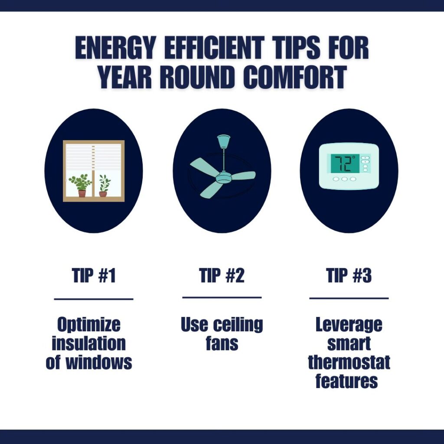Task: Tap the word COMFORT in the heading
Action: pos(295,77)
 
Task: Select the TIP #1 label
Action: pos(94,275)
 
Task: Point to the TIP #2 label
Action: pos(222,275)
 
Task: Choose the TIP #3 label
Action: pos(349,275)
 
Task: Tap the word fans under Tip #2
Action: pos(222,343)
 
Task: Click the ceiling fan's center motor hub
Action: pos(223,177)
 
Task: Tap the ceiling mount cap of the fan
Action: pos(224,141)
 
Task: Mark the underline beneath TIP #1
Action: pos(94,299)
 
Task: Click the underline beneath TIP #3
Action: pos(349,298)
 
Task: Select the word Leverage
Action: pos(349,325)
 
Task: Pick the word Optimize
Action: pos(89,325)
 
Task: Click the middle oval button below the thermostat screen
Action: pos(344,179)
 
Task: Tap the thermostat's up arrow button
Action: pos(365,157)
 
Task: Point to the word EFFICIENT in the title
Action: pos(214,48)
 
